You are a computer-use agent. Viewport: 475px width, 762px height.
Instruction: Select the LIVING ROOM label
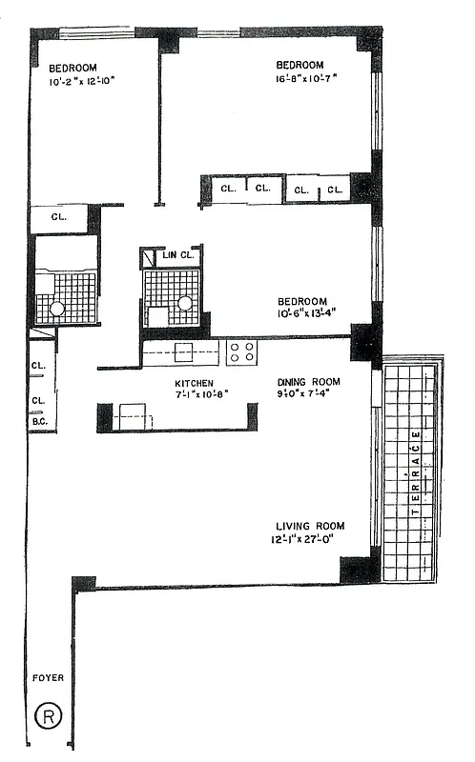pyautogui.click(x=310, y=527)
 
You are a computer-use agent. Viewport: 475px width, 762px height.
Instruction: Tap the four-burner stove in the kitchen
pyautogui.click(x=241, y=352)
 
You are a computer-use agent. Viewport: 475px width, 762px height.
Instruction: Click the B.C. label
pyautogui.click(x=39, y=420)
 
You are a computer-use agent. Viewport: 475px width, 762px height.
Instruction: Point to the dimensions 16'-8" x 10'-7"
pyautogui.click(x=308, y=79)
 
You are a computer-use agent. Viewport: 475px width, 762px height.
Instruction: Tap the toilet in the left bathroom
pyautogui.click(x=56, y=309)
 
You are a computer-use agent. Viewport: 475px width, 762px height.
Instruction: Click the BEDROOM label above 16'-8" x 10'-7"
pyautogui.click(x=299, y=65)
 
